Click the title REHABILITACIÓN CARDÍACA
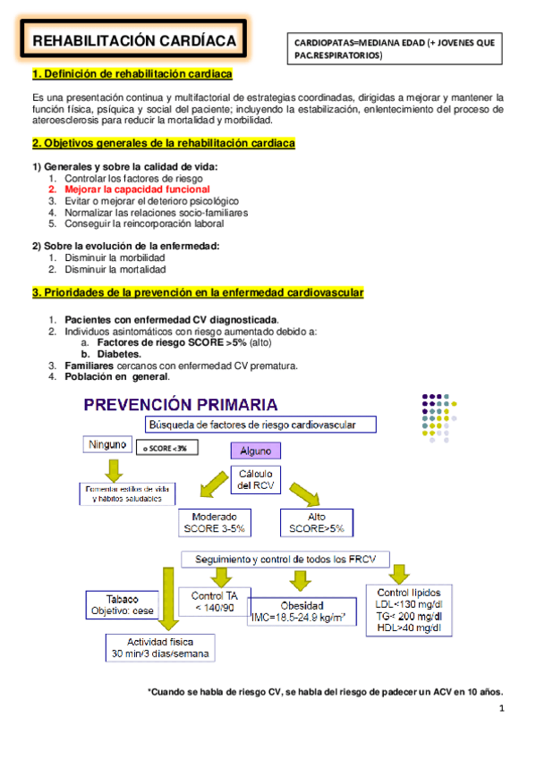[x=134, y=41]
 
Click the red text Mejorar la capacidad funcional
[x=137, y=189]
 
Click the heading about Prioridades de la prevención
[x=197, y=293]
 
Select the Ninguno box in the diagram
[x=109, y=444]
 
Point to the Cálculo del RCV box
[x=257, y=479]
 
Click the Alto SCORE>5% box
[x=312, y=523]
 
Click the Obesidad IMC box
[x=298, y=611]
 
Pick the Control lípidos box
[x=408, y=611]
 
